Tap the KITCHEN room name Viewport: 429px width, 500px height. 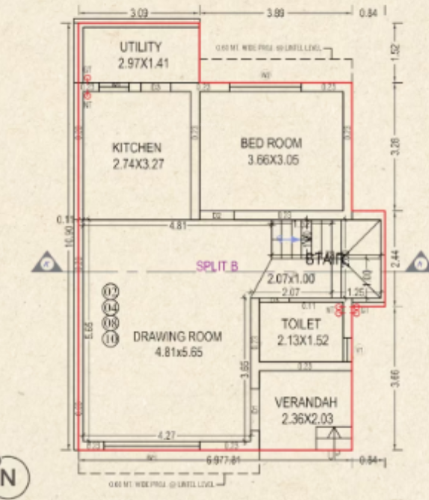tap(137, 146)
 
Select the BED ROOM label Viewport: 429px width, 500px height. tap(271, 143)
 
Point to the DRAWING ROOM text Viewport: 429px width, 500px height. tap(177, 336)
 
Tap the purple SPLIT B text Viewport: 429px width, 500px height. tap(217, 265)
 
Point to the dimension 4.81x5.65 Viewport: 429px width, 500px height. tap(178, 351)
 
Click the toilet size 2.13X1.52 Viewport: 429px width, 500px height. tap(300, 340)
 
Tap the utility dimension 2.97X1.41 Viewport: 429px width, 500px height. tap(143, 63)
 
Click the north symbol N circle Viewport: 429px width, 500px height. tap(8, 475)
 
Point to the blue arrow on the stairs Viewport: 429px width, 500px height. tap(286, 239)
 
